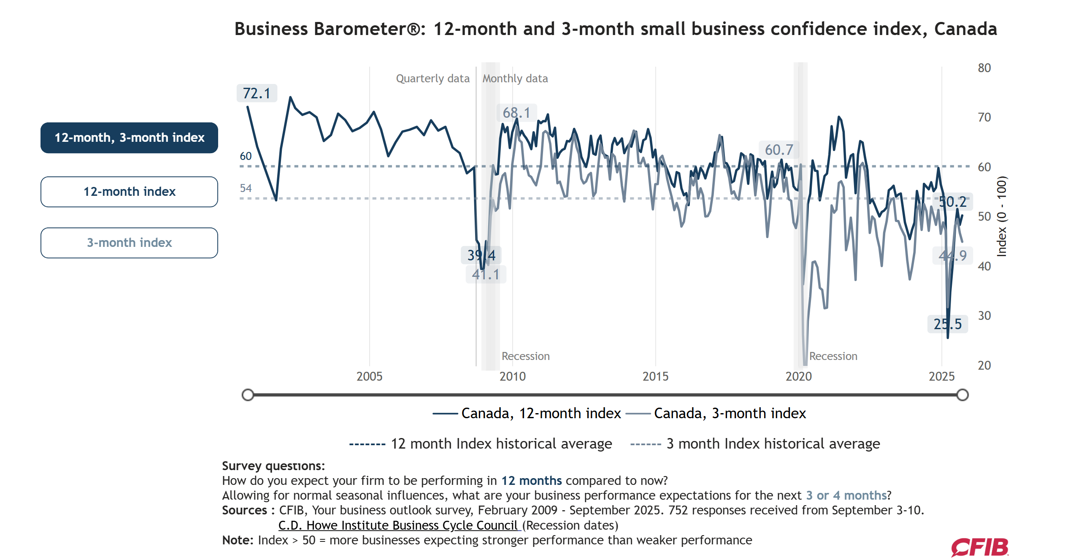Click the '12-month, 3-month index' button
pyautogui.click(x=129, y=138)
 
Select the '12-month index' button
pyautogui.click(x=129, y=192)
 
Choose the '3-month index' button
pyautogui.click(x=129, y=243)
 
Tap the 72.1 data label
pyautogui.click(x=257, y=93)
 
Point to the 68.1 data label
pyautogui.click(x=516, y=113)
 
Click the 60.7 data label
pyautogui.click(x=779, y=150)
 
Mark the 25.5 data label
pyautogui.click(x=947, y=324)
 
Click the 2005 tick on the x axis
pyautogui.click(x=369, y=376)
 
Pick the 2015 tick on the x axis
pyautogui.click(x=655, y=376)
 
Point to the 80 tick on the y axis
pyautogui.click(x=984, y=68)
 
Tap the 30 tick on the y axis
pyautogui.click(x=984, y=316)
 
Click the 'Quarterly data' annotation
pyautogui.click(x=432, y=78)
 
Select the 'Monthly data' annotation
pyautogui.click(x=515, y=78)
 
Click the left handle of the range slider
pyautogui.click(x=248, y=395)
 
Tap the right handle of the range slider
pyautogui.click(x=962, y=395)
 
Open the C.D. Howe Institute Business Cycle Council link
pyautogui.click(x=398, y=525)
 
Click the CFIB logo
pyautogui.click(x=980, y=547)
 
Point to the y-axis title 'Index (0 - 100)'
pyautogui.click(x=1002, y=216)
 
